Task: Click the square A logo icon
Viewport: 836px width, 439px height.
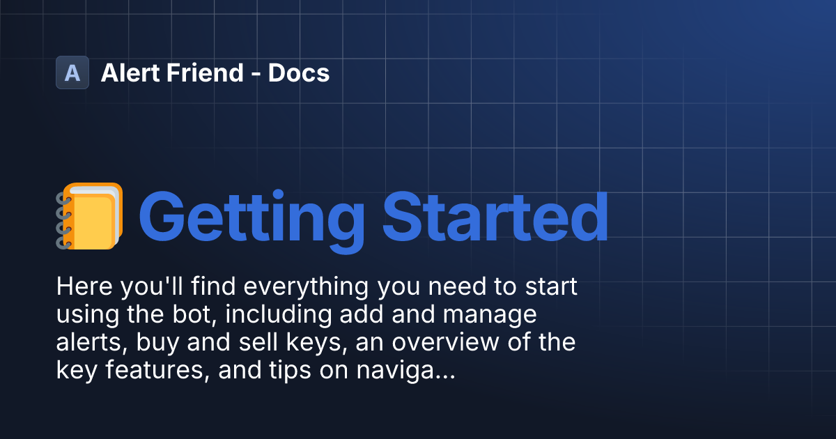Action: point(72,72)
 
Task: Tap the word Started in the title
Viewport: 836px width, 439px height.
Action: point(495,217)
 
